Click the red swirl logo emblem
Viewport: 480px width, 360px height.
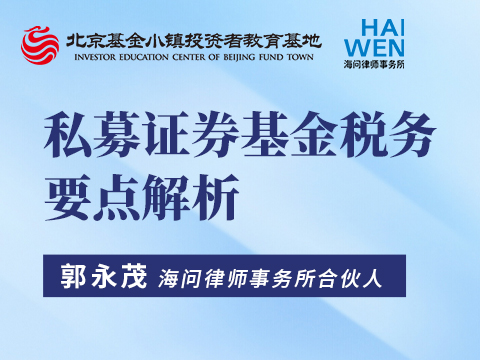click(40, 45)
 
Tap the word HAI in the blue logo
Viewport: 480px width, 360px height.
click(383, 28)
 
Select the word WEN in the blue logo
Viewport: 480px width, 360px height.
click(374, 48)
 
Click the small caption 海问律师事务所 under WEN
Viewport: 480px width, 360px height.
click(374, 64)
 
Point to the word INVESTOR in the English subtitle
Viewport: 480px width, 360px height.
click(95, 57)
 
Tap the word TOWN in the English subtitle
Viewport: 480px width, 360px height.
click(300, 57)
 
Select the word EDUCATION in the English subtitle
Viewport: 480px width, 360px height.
click(144, 57)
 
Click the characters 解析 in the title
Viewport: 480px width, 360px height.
click(190, 197)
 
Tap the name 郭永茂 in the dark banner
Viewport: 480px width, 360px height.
click(103, 276)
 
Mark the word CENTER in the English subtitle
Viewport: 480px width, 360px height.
click(189, 57)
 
